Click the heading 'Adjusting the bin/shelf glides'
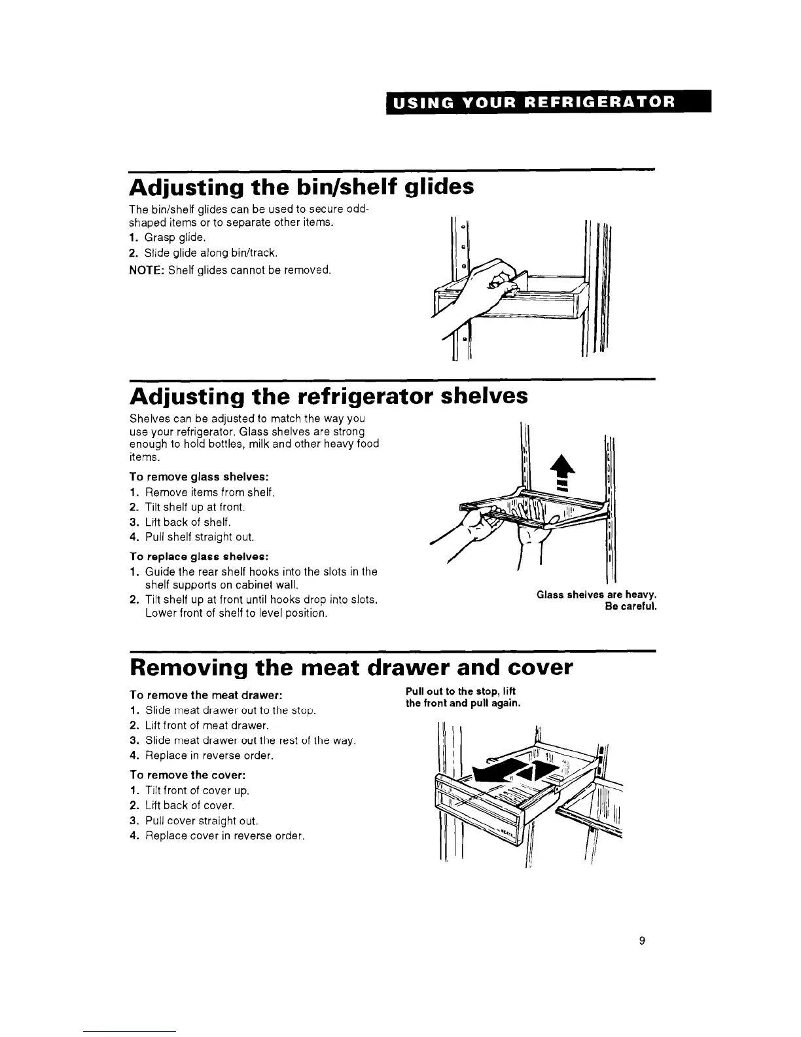coord(302,187)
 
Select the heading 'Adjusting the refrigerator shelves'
coord(329,396)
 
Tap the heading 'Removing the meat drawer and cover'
coord(351,668)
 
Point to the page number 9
coord(642,941)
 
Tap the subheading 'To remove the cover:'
coord(187,775)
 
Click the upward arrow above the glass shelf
coord(560,471)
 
